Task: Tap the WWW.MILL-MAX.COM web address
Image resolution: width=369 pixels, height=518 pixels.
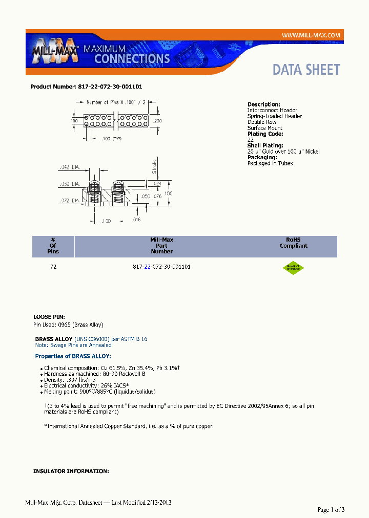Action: (311, 35)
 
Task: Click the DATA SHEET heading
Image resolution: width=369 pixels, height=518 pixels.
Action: (306, 70)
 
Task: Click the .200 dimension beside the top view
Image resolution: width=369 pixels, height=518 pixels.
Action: (157, 121)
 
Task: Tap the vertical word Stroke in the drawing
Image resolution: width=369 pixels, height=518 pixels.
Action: (154, 166)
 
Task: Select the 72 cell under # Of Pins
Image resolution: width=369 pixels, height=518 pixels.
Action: (53, 267)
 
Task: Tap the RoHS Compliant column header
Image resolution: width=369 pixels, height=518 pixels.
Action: (294, 243)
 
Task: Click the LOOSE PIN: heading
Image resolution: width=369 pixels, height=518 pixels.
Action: (49, 317)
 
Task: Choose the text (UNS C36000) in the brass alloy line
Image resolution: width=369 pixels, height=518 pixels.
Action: (92, 339)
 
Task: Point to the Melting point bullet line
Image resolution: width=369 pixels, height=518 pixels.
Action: (100, 392)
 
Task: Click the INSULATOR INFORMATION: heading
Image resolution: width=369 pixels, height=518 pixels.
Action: (71, 471)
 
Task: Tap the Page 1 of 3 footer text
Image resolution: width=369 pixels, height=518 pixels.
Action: (331, 509)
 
